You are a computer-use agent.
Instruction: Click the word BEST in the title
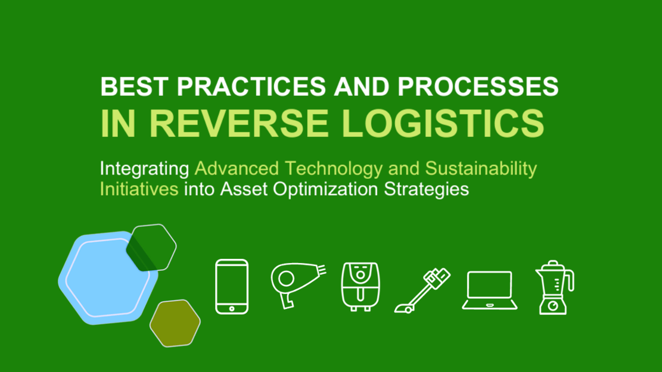pyautogui.click(x=134, y=86)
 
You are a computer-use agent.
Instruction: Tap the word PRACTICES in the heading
pyautogui.click(x=251, y=86)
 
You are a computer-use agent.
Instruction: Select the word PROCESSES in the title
pyautogui.click(x=478, y=86)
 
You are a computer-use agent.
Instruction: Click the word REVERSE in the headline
pyautogui.click(x=239, y=123)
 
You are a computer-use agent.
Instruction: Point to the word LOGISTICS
pyautogui.click(x=443, y=123)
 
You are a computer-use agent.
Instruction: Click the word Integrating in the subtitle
pyautogui.click(x=144, y=169)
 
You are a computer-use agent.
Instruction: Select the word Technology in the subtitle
pyautogui.click(x=334, y=168)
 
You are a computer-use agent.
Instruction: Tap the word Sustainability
pyautogui.click(x=481, y=168)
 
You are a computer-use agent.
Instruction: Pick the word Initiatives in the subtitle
pyautogui.click(x=139, y=189)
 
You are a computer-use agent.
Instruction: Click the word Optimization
pyautogui.click(x=325, y=189)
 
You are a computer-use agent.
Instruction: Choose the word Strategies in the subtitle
pyautogui.click(x=427, y=189)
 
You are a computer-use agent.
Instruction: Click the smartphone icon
pyautogui.click(x=232, y=287)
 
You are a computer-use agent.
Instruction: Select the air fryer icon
pyautogui.click(x=360, y=287)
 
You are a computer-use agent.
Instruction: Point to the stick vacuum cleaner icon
pyautogui.click(x=422, y=290)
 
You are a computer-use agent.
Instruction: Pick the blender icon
pyautogui.click(x=554, y=287)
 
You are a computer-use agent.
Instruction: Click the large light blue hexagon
pyautogui.click(x=108, y=279)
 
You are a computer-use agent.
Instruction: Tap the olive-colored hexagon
pyautogui.click(x=175, y=323)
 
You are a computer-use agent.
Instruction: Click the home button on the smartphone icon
pyautogui.click(x=232, y=309)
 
